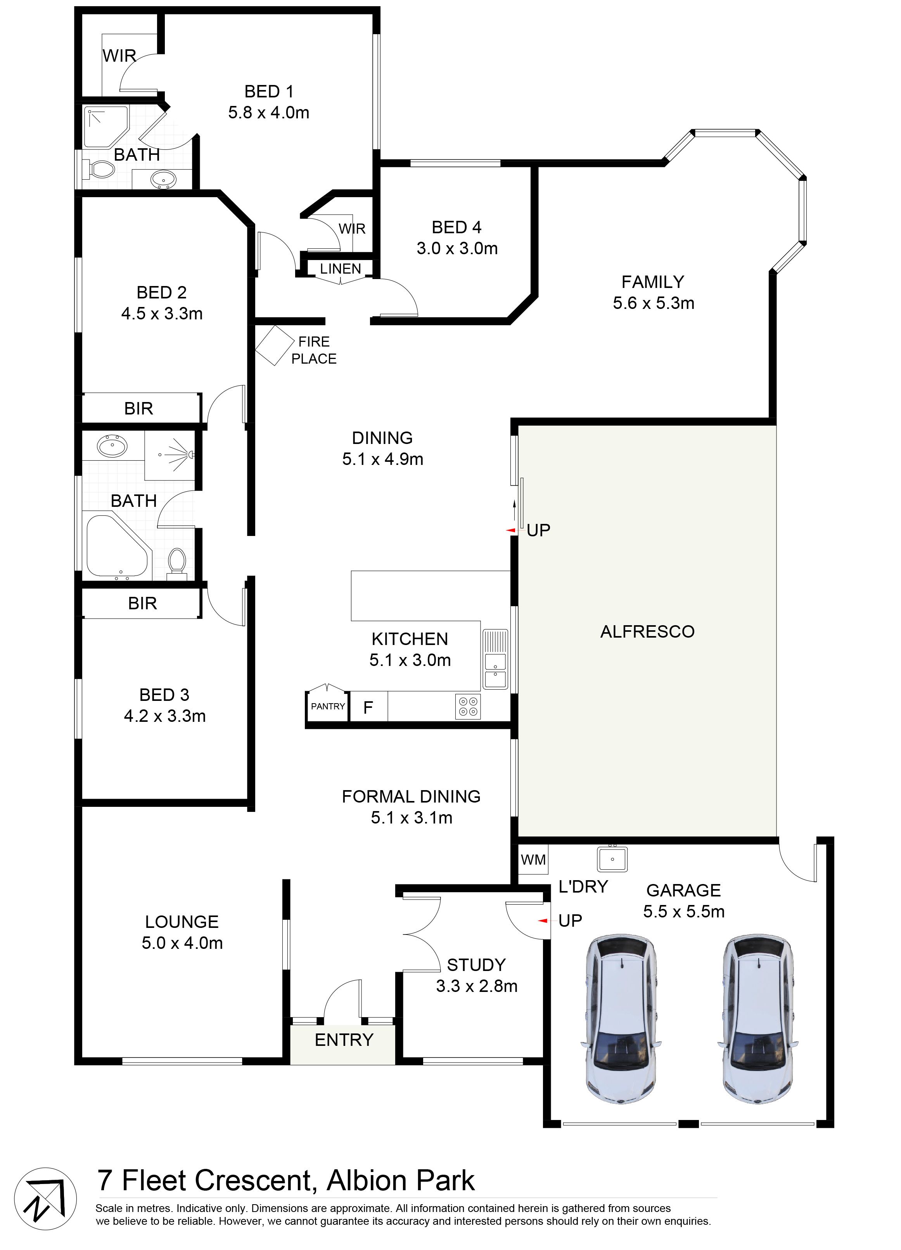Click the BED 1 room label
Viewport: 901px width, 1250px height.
(x=269, y=92)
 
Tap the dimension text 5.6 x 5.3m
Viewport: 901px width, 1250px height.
(x=653, y=303)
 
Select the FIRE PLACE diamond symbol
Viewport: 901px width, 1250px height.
(x=275, y=345)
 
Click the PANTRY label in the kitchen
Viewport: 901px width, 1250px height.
(x=328, y=706)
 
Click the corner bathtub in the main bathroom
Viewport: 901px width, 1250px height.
(x=117, y=546)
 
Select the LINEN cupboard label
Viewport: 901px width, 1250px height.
(x=341, y=269)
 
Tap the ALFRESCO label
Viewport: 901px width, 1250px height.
(x=647, y=632)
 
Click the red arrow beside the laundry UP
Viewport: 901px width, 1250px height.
(x=543, y=921)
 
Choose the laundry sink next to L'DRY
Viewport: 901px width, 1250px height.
(x=612, y=859)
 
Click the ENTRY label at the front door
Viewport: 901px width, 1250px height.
(x=344, y=1039)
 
